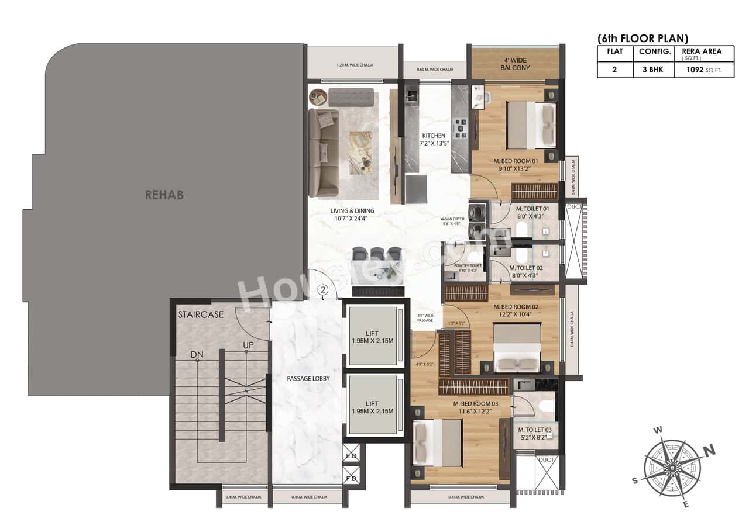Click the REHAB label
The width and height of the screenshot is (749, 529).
pyautogui.click(x=164, y=195)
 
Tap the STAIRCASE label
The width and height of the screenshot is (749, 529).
pyautogui.click(x=201, y=314)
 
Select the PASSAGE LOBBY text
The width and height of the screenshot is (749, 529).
pyautogui.click(x=308, y=379)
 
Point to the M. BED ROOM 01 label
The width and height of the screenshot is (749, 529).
pyautogui.click(x=515, y=161)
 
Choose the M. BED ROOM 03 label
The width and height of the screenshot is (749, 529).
pyautogui.click(x=476, y=403)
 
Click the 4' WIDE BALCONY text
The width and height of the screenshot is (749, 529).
pyautogui.click(x=515, y=64)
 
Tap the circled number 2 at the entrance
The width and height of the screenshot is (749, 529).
pyautogui.click(x=324, y=289)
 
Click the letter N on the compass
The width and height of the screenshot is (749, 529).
pyautogui.click(x=709, y=450)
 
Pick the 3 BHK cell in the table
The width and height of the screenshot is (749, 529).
pyautogui.click(x=650, y=70)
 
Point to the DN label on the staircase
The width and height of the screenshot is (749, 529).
pyautogui.click(x=197, y=355)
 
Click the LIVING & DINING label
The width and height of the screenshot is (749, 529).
pyautogui.click(x=352, y=211)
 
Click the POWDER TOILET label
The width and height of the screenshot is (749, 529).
pyautogui.click(x=468, y=265)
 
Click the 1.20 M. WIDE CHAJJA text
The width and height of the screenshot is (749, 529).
pyautogui.click(x=355, y=65)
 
